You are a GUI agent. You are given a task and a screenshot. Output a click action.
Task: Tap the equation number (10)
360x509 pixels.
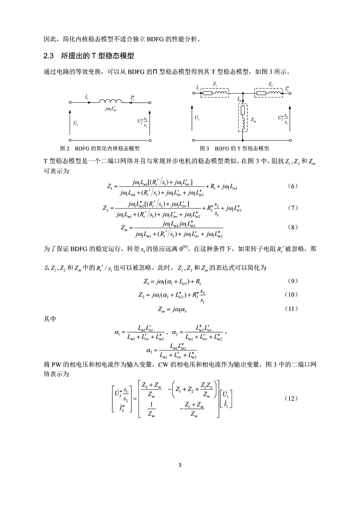tap(293, 295)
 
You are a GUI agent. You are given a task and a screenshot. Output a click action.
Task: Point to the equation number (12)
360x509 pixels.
tap(293, 398)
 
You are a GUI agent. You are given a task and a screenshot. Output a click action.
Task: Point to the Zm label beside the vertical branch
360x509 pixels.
tap(255, 119)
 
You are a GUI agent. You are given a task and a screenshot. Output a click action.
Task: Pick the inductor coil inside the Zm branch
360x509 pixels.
tap(241, 125)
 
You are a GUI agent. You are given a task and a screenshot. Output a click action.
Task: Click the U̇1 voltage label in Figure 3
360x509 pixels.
tap(197, 118)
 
